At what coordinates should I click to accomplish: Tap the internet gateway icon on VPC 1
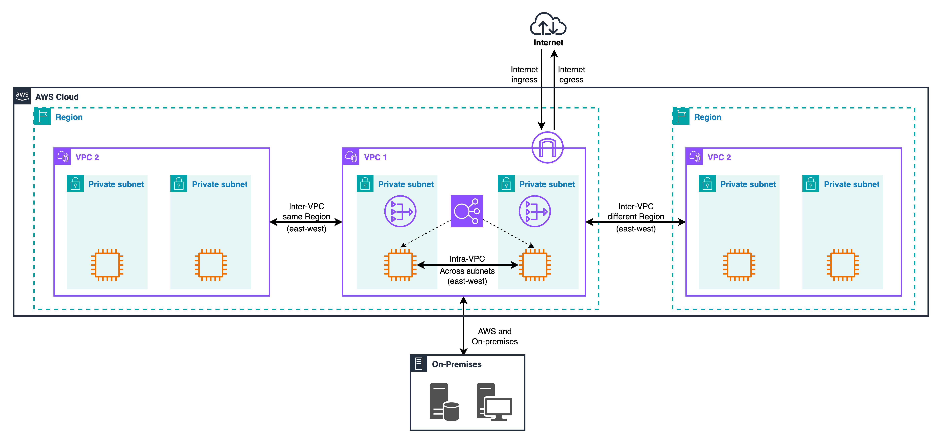coord(547,147)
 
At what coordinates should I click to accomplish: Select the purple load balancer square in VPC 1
coord(467,211)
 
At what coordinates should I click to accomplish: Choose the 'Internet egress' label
coord(571,75)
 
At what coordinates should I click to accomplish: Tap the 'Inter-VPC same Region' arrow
coord(306,222)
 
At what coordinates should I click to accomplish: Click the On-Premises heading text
coord(456,364)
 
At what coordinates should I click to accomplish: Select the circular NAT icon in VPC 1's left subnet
coord(400,211)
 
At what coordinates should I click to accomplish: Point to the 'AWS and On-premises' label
coord(495,336)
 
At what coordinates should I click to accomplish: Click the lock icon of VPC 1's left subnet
coord(365,183)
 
